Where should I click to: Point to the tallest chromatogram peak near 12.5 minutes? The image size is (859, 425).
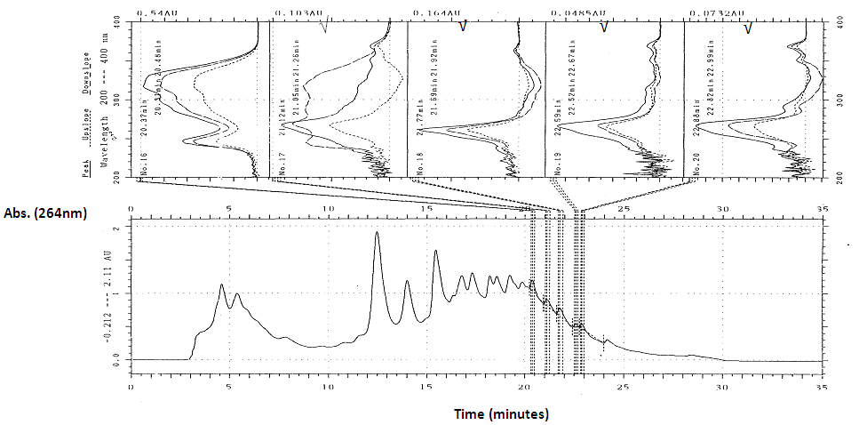click(378, 233)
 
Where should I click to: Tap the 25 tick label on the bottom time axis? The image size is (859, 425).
click(624, 388)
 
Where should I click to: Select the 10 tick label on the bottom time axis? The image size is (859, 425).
click(328, 388)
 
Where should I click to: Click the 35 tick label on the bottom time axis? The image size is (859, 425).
click(822, 388)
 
